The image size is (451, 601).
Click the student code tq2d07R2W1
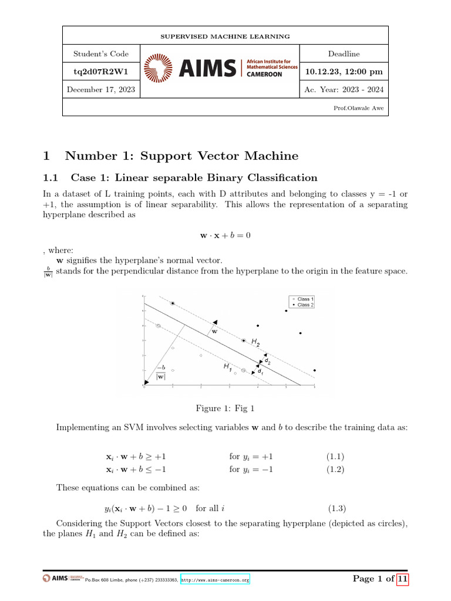(x=100, y=72)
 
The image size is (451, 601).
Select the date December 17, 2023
(x=100, y=90)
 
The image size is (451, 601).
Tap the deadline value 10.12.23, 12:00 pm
(x=344, y=72)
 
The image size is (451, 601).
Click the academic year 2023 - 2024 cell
(x=344, y=90)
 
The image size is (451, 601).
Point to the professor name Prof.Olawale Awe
(x=359, y=108)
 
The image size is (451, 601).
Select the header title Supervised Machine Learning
(x=225, y=36)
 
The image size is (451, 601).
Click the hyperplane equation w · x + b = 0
(x=225, y=235)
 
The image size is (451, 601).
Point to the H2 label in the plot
(x=255, y=342)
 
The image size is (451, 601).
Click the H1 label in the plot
(x=226, y=366)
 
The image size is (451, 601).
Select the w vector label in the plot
(x=214, y=331)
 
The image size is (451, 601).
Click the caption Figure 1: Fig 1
(x=225, y=408)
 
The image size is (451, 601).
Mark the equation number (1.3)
(x=335, y=508)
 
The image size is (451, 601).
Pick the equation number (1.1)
(x=335, y=456)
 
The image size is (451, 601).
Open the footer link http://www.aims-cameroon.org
(x=215, y=580)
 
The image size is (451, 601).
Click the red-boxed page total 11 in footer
(x=402, y=579)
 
